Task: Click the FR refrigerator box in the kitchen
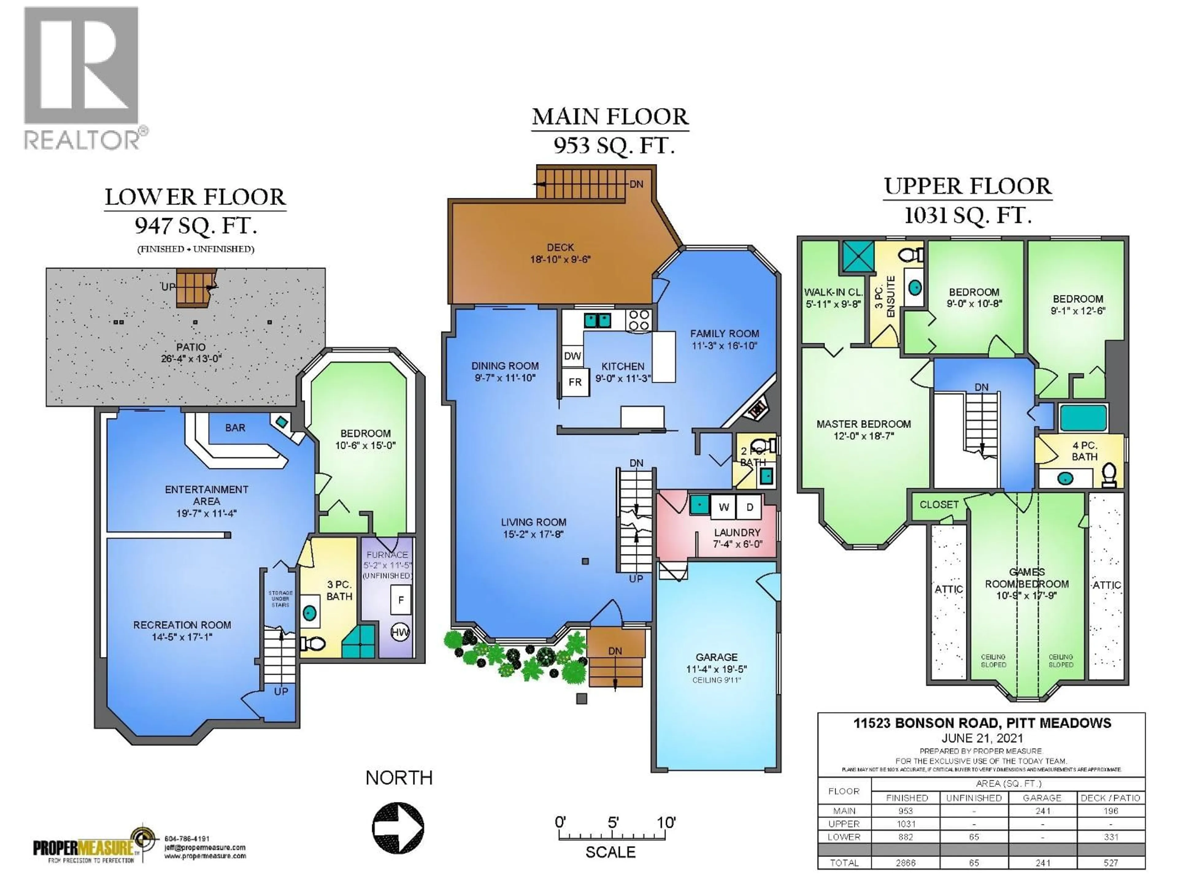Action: [x=575, y=382]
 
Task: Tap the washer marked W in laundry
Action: [x=723, y=507]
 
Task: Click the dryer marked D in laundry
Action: [x=749, y=507]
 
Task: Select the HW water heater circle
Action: [x=400, y=632]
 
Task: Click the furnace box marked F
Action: [x=401, y=600]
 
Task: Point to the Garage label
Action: [x=716, y=657]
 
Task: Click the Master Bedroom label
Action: [x=863, y=424]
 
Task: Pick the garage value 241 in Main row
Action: [x=1042, y=811]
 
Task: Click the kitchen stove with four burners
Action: [x=638, y=320]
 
